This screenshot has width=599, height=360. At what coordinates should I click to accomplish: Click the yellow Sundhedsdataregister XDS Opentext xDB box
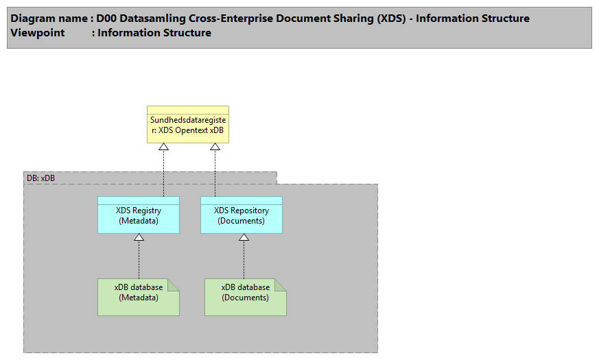pyautogui.click(x=187, y=125)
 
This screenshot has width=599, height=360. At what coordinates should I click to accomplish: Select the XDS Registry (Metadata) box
pyautogui.click(x=138, y=215)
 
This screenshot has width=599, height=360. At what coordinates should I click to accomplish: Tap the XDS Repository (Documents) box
pyautogui.click(x=241, y=215)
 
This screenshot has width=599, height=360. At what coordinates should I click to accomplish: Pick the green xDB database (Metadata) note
pyautogui.click(x=138, y=297)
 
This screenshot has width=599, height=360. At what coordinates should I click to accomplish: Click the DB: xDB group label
pyautogui.click(x=41, y=178)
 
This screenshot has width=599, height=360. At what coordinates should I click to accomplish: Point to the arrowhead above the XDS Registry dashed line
pyautogui.click(x=163, y=147)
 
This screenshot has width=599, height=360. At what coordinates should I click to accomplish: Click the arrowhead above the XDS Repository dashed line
pyautogui.click(x=215, y=147)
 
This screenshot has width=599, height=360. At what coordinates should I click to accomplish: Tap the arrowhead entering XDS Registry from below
pyautogui.click(x=139, y=237)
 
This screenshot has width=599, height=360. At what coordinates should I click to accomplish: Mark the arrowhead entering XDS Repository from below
pyautogui.click(x=243, y=237)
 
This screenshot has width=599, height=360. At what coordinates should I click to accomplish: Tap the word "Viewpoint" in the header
pyautogui.click(x=38, y=33)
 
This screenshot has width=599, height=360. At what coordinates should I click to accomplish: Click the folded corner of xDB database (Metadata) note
pyautogui.click(x=174, y=284)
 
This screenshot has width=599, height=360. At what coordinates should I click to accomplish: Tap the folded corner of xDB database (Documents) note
pyautogui.click(x=281, y=284)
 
